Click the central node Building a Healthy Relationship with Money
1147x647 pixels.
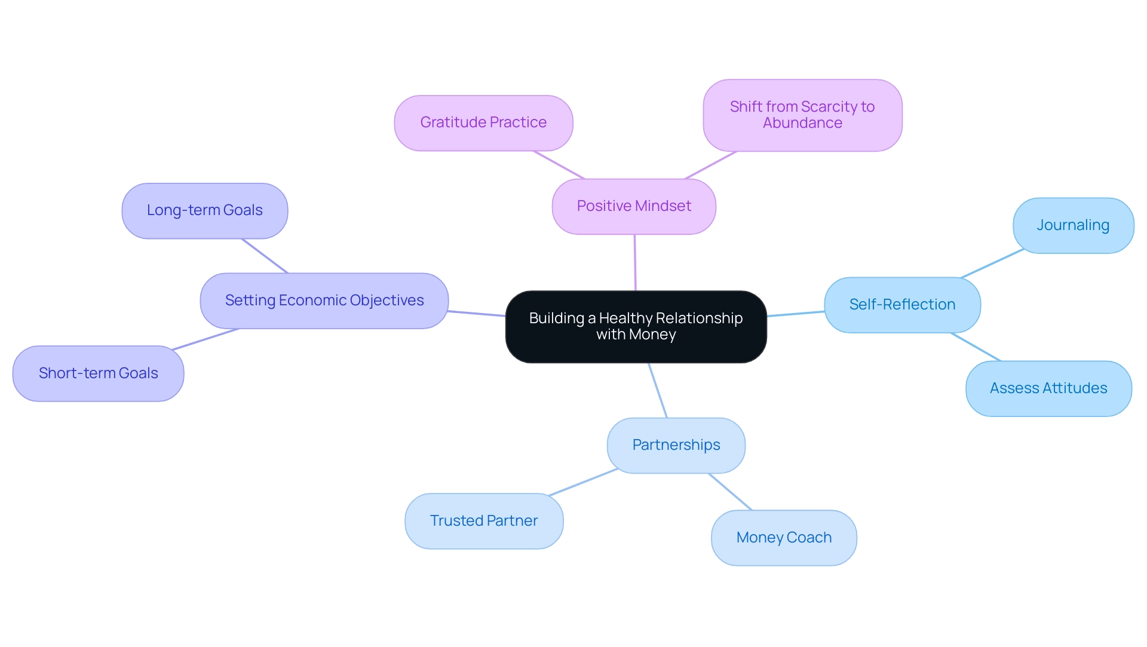coord(636,327)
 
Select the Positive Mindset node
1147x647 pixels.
coord(634,207)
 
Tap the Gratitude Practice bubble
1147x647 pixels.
coord(483,123)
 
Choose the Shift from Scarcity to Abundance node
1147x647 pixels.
coord(802,115)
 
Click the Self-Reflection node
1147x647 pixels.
coord(902,305)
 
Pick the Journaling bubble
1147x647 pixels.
coord(1073,226)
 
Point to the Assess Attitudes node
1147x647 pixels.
coord(1048,388)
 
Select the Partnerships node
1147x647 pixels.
coord(676,446)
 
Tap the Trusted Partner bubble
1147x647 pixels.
coord(484,521)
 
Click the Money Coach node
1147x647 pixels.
coord(784,538)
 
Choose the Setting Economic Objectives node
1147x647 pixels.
coord(324,301)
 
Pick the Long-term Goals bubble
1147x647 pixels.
coord(204,211)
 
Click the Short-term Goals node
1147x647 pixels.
coord(98,374)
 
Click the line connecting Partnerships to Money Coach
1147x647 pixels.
coord(730,492)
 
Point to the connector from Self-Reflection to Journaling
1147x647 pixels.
coord(992,263)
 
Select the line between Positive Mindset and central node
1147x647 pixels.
coord(635,263)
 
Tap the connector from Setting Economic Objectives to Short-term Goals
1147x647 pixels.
coord(206,339)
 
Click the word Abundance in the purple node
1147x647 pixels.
coord(802,124)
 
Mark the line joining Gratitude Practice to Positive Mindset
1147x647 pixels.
coord(559,165)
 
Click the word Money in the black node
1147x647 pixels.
coord(652,335)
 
